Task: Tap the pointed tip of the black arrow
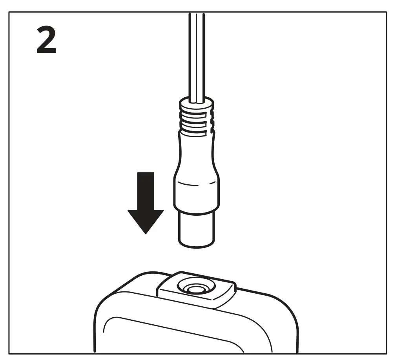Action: [146, 233]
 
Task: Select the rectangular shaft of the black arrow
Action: [146, 190]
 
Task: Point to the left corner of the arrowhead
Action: [129, 211]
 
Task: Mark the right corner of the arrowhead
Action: [163, 211]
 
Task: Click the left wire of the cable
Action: [191, 55]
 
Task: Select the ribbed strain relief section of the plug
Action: [196, 122]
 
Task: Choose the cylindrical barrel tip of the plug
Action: [196, 229]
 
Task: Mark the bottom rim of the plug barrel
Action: [196, 246]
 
